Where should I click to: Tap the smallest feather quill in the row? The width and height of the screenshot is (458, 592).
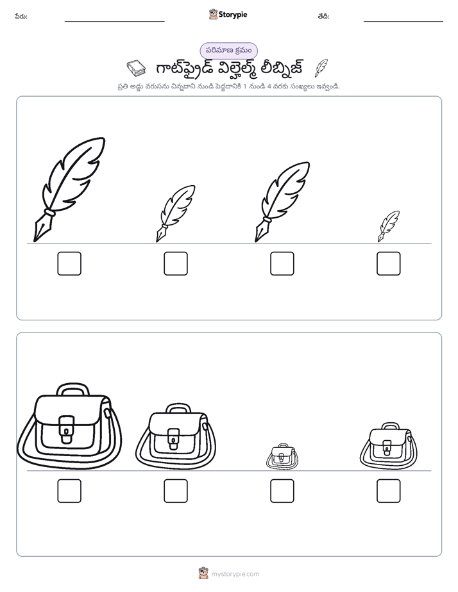389,226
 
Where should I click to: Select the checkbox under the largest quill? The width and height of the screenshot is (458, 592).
69,263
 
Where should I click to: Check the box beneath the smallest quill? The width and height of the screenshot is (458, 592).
389,263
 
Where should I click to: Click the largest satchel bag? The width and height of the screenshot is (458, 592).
69,427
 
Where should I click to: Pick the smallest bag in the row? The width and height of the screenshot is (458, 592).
282,456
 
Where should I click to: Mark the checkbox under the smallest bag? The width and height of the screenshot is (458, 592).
282,491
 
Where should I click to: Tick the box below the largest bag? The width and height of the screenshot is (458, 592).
69,491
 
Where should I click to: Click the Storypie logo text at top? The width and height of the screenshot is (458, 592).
233,15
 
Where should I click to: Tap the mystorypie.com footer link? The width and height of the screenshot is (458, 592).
235,574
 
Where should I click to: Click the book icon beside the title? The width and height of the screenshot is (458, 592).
136,68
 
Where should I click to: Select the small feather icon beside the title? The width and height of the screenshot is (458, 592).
321,68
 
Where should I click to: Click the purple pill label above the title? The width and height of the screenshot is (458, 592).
228,51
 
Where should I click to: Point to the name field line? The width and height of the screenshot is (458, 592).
114,21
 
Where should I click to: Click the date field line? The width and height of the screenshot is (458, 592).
403,21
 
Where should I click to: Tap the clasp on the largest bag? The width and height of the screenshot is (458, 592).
67,430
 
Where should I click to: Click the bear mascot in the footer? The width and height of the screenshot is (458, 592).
203,573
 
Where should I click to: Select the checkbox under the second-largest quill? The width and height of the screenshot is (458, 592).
282,263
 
